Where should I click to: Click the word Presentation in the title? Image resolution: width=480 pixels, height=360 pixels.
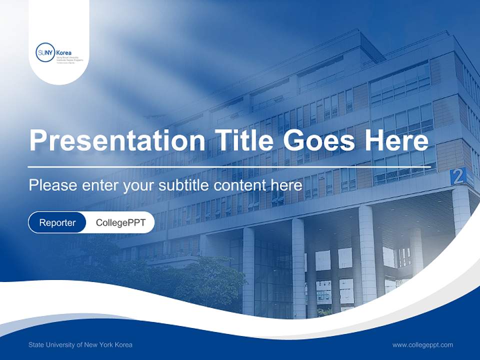tap(117, 141)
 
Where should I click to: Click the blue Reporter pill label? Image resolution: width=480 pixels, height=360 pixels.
tap(57, 222)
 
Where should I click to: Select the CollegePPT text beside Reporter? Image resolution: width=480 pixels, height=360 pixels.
tap(120, 222)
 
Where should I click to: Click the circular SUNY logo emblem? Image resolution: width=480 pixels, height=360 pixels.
tap(45, 52)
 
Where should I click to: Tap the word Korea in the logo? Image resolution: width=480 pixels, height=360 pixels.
tap(64, 52)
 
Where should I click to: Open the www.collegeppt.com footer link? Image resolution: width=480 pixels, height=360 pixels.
tap(422, 344)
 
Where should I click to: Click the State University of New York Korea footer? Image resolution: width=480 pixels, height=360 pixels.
tap(80, 344)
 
